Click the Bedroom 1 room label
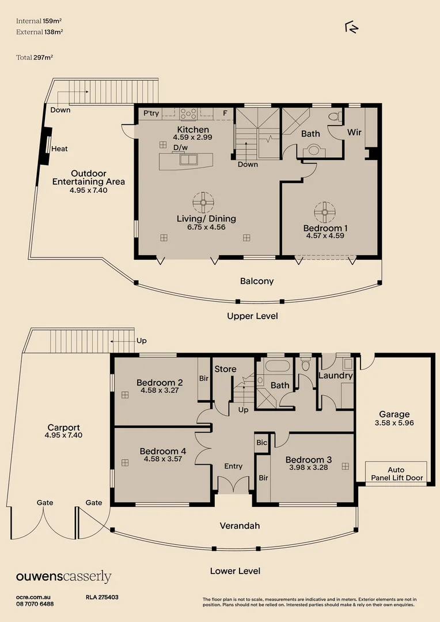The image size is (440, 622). click(325, 228)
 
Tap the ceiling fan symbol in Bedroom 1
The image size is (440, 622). click(325, 212)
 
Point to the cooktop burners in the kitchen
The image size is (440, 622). click(189, 113)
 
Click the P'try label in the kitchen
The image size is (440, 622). click(151, 113)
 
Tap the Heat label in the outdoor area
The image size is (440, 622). click(59, 149)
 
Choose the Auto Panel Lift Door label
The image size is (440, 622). click(396, 474)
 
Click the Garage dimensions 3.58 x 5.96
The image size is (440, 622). click(395, 423)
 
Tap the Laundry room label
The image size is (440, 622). click(335, 376)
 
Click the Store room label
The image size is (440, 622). click(226, 369)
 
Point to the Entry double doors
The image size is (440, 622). click(233, 485)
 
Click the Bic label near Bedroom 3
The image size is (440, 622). click(262, 442)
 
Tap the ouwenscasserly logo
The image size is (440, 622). click(63, 577)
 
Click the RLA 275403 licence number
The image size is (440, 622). click(102, 597)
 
